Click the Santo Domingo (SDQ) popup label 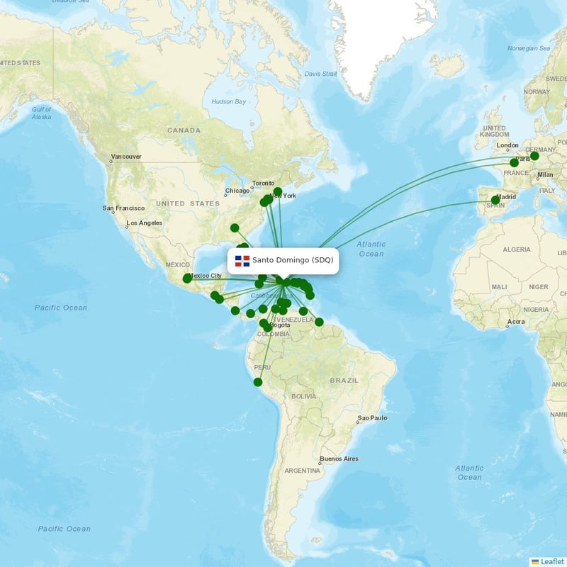(x=292, y=260)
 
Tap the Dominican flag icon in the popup (x=242, y=261)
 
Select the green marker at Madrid (x=495, y=200)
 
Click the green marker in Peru (x=258, y=382)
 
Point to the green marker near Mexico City (x=187, y=279)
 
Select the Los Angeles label (x=144, y=223)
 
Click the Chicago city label (x=237, y=191)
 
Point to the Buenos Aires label (x=339, y=459)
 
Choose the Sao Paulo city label (x=373, y=418)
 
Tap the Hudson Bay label (x=228, y=101)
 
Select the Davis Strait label (x=320, y=74)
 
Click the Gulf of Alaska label (x=42, y=113)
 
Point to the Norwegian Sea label (x=529, y=49)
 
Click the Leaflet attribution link (x=551, y=561)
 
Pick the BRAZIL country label (x=344, y=381)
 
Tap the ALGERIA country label (x=516, y=249)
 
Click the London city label (x=507, y=146)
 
